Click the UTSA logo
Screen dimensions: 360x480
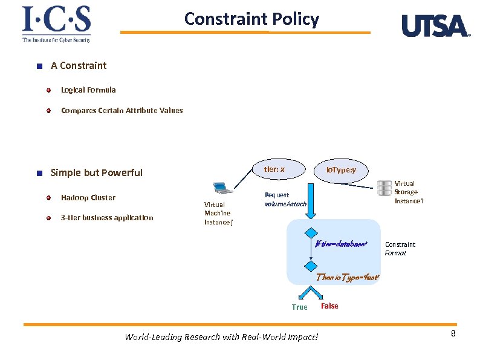pos(435,26)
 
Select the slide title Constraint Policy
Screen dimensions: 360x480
pos(251,19)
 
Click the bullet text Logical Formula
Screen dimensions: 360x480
pos(88,90)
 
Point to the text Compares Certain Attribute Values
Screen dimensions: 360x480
pos(122,111)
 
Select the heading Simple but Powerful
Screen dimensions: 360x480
pos(97,172)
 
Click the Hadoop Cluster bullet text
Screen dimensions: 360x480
pos(88,198)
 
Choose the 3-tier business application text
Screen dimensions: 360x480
pos(107,218)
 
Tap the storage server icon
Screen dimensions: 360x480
pos(383,188)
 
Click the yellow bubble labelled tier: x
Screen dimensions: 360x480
pos(274,169)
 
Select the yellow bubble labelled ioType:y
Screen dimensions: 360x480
pos(341,171)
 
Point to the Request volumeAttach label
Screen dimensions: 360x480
pos(285,200)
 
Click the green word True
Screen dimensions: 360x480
pos(299,307)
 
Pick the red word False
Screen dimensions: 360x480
pos(329,306)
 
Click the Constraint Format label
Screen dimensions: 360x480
pos(400,249)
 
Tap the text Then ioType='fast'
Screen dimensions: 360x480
pos(348,277)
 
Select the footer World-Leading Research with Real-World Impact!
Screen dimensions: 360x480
pos(221,337)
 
